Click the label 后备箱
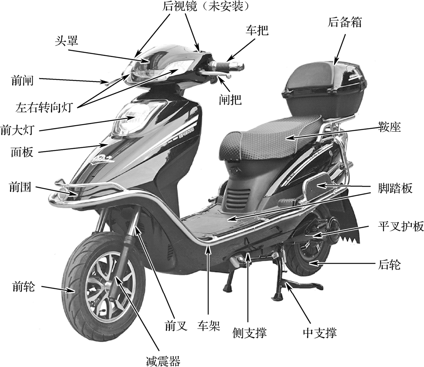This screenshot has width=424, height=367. point(344,22)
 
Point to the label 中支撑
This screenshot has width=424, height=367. point(320,333)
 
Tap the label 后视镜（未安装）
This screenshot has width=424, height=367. point(205,6)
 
